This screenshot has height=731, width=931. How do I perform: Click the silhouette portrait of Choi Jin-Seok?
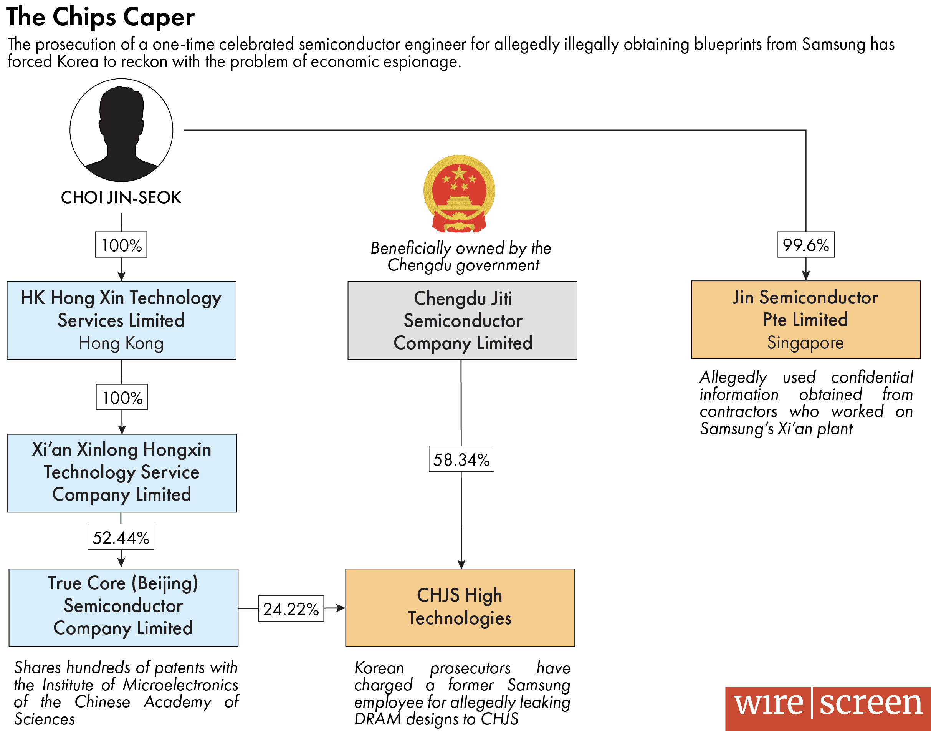121,130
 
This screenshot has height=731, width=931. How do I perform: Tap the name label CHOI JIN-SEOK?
121,198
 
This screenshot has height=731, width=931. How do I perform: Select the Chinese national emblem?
459,194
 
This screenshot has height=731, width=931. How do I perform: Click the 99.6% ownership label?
805,245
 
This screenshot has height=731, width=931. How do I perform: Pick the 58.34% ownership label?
461,459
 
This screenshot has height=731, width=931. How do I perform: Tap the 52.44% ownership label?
121,537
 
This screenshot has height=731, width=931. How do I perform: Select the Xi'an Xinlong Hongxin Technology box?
122,473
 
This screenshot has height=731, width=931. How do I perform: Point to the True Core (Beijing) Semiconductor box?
123,607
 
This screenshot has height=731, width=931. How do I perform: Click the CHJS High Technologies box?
460,607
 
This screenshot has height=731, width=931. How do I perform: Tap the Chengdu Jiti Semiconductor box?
462,320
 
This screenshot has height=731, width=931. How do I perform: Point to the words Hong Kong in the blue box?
121,343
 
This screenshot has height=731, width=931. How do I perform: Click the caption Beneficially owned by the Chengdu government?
461,256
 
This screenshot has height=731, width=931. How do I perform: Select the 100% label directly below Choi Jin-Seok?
121,245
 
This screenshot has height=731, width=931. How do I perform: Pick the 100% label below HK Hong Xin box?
122,397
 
